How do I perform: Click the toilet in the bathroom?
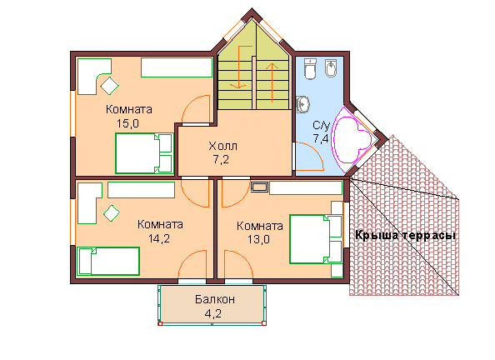(310, 68)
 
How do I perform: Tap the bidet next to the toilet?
(331, 67)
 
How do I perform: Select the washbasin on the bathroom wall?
(302, 104)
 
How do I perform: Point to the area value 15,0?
(127, 123)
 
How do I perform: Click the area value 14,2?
(159, 238)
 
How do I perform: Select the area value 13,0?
(258, 239)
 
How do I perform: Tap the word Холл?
(222, 146)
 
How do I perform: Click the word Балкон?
(215, 298)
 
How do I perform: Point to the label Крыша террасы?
(405, 235)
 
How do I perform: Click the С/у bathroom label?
(321, 125)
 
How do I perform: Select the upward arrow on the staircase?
(272, 82)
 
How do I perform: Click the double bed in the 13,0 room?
(316, 239)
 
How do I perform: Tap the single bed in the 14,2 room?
(108, 261)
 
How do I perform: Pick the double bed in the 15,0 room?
(144, 153)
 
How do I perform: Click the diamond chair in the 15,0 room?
(109, 85)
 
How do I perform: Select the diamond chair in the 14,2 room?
(112, 213)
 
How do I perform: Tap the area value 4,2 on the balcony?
(213, 313)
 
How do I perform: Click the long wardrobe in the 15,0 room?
(177, 67)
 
